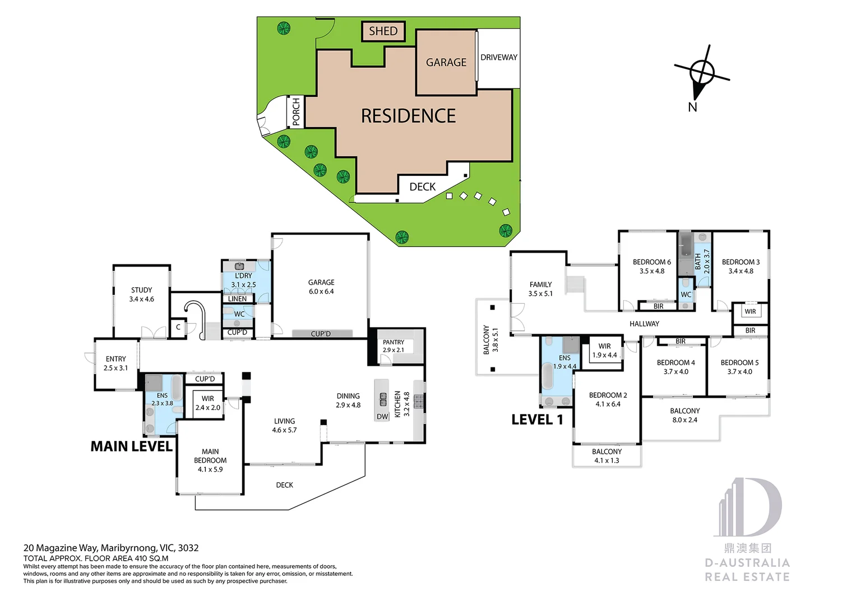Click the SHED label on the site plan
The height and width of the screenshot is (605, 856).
pyautogui.click(x=383, y=31)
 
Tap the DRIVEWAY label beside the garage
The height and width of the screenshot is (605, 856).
pyautogui.click(x=498, y=57)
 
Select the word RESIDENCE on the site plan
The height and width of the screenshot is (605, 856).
pyautogui.click(x=408, y=116)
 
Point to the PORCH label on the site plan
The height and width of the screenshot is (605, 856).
pyautogui.click(x=296, y=112)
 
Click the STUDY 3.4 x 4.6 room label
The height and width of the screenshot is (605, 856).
pyautogui.click(x=141, y=295)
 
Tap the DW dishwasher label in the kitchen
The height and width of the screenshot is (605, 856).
pyautogui.click(x=382, y=416)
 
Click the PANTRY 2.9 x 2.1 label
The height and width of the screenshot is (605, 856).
pyautogui.click(x=393, y=346)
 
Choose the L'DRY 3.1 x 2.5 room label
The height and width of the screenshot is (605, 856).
pyautogui.click(x=243, y=280)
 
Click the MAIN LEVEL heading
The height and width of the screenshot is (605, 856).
pyautogui.click(x=131, y=446)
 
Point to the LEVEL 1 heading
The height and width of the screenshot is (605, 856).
pyautogui.click(x=536, y=420)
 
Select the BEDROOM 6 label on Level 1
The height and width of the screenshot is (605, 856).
pyautogui.click(x=651, y=266)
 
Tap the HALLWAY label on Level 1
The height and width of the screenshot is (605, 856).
pyautogui.click(x=644, y=324)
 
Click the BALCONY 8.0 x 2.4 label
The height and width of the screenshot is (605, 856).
pyautogui.click(x=684, y=415)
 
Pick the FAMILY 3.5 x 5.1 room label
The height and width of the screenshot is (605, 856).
pyautogui.click(x=540, y=289)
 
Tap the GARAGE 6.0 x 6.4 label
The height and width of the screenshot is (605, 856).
pyautogui.click(x=321, y=287)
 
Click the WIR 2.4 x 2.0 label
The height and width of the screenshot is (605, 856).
pyautogui.click(x=207, y=403)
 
